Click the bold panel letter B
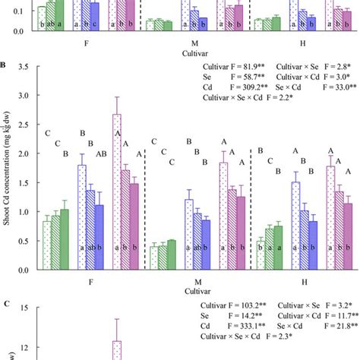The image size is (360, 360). pos(5,65)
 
